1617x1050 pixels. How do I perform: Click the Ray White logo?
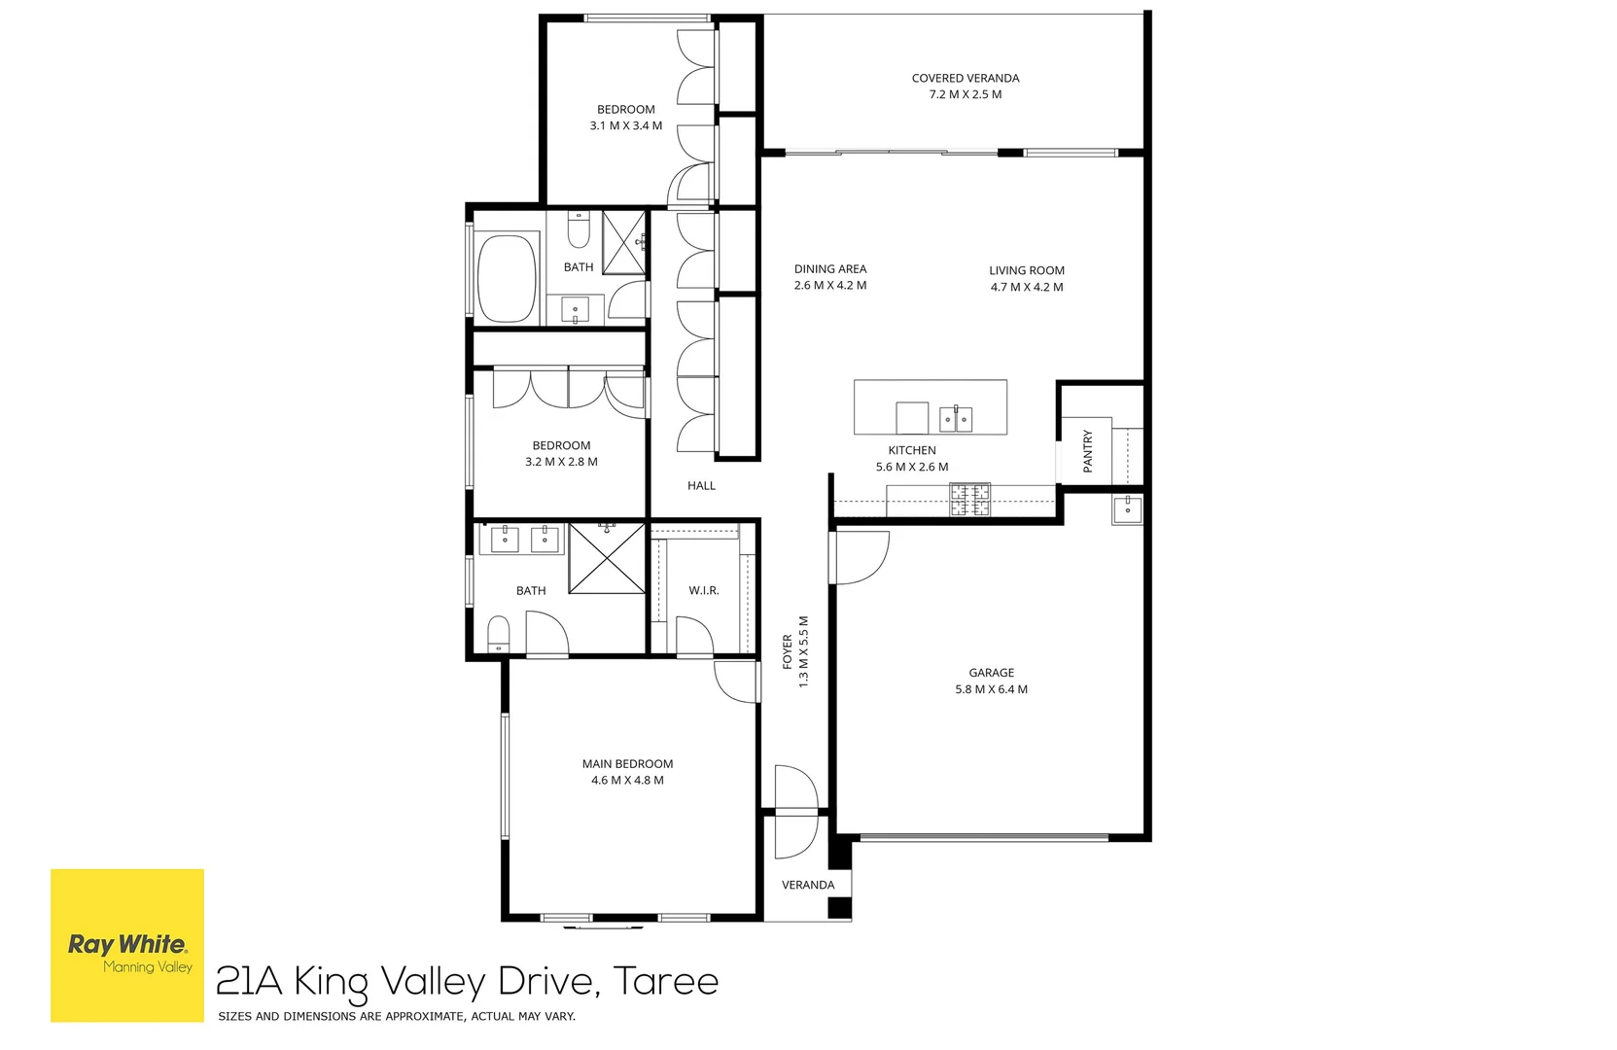pyautogui.click(x=127, y=945)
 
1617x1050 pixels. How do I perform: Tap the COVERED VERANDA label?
pyautogui.click(x=965, y=78)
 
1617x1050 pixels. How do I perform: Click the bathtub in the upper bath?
pyautogui.click(x=507, y=278)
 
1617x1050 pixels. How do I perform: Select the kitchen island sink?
pyautogui.click(x=956, y=419)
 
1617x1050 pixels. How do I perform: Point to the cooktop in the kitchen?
pyautogui.click(x=969, y=500)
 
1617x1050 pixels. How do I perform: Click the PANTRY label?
pyautogui.click(x=1087, y=452)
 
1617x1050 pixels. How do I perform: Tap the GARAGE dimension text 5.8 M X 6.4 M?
pyautogui.click(x=991, y=689)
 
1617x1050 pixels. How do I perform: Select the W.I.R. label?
pyautogui.click(x=703, y=590)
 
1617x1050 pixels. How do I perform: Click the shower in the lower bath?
pyautogui.click(x=607, y=559)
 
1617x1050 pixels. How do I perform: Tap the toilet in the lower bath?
pyautogui.click(x=498, y=633)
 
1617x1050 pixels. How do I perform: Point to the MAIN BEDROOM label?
pyautogui.click(x=627, y=763)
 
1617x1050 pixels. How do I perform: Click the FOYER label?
pyautogui.click(x=788, y=651)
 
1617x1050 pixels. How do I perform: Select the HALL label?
pyautogui.click(x=701, y=485)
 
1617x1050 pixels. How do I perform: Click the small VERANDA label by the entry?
pyautogui.click(x=808, y=885)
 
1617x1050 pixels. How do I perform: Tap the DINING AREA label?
pyautogui.click(x=829, y=268)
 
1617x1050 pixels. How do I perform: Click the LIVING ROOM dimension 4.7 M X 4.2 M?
pyautogui.click(x=1026, y=287)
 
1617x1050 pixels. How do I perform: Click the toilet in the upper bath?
pyautogui.click(x=579, y=230)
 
